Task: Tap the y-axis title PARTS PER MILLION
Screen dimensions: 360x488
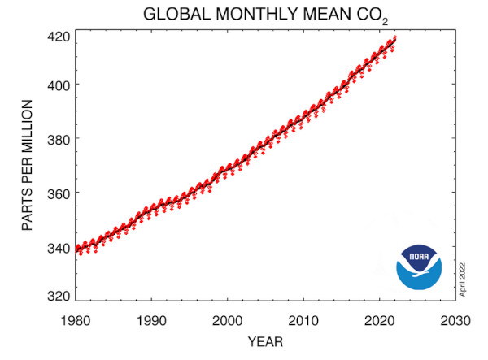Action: [x=26, y=166]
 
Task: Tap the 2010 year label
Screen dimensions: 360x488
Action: [x=304, y=319]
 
